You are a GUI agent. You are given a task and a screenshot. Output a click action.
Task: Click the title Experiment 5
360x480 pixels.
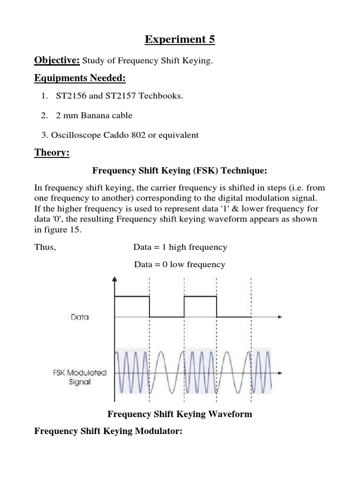pos(180,39)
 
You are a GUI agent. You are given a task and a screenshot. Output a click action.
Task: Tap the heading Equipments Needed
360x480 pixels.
pos(80,78)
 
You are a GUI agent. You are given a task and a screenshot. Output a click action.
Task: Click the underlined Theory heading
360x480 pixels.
pos(52,153)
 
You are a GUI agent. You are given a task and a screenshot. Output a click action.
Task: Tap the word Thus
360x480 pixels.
pos(45,247)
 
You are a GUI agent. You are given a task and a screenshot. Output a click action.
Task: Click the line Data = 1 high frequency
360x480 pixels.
pos(180,247)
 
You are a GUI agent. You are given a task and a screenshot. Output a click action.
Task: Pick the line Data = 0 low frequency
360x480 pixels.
pos(180,264)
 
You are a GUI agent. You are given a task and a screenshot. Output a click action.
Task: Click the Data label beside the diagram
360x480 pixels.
pos(80,317)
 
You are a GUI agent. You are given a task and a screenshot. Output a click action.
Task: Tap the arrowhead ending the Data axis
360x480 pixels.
pos(280,317)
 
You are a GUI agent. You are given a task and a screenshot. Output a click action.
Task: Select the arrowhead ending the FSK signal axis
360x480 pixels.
pos(280,374)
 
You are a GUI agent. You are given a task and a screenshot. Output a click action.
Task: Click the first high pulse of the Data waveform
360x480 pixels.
pos(132,296)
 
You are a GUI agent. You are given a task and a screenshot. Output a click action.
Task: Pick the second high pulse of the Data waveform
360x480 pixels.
pos(201,296)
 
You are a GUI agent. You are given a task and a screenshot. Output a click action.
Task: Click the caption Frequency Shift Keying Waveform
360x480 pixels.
pos(180,414)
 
